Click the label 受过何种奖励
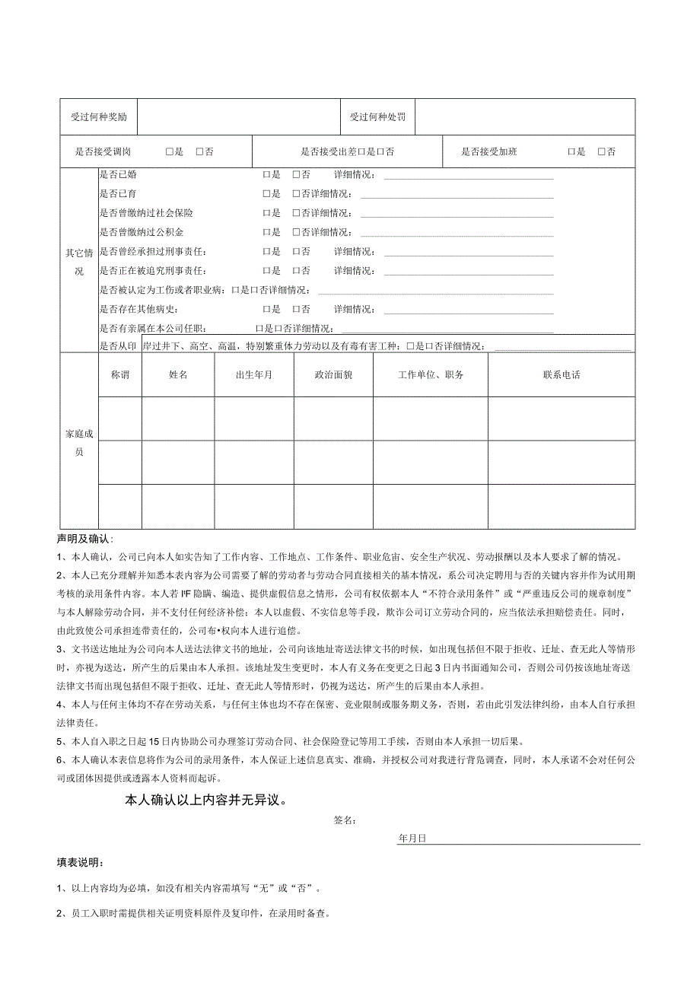99,117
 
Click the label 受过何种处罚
377,117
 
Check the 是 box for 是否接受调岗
170,152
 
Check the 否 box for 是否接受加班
602,152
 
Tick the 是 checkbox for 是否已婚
267,175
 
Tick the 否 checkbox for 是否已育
297,194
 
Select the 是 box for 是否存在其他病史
267,310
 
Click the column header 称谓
120,375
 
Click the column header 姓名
178,375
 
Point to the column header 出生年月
254,375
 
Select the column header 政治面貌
333,375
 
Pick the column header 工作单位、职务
431,375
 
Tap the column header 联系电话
562,375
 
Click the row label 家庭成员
79,442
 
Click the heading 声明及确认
84,540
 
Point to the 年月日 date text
412,838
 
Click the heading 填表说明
81,863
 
